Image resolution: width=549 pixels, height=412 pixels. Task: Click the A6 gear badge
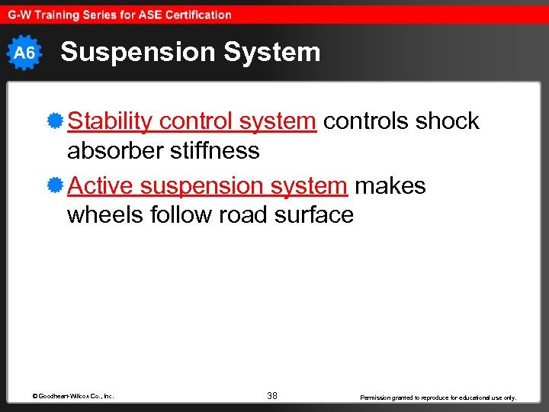click(24, 53)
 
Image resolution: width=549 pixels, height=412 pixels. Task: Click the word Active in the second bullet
click(101, 186)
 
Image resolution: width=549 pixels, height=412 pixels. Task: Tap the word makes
click(390, 186)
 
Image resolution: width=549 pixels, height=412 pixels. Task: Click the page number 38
click(272, 395)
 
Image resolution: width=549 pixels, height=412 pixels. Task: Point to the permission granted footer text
click(438, 397)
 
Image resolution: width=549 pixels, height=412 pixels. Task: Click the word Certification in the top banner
click(194, 14)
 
